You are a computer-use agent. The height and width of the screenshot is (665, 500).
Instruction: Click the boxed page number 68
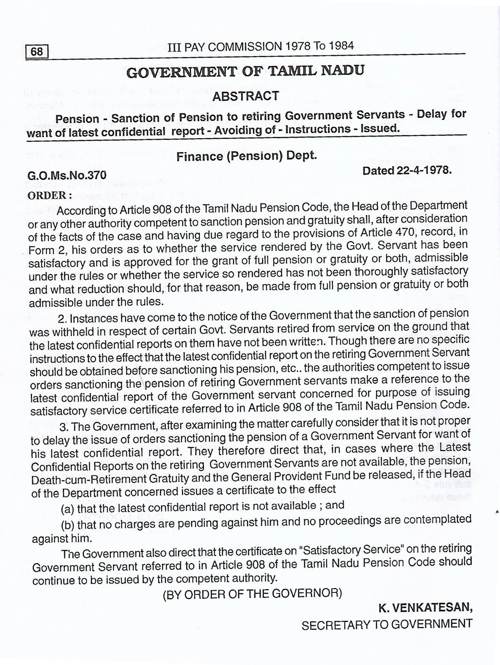[x=37, y=52]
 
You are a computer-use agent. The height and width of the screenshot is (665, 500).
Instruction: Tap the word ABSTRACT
[x=246, y=96]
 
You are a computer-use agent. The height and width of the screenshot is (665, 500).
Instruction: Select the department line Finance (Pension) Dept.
[x=247, y=156]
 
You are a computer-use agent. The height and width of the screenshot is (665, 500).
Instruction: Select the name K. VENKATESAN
[x=425, y=608]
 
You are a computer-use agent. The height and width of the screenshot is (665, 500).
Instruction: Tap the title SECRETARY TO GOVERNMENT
[x=387, y=625]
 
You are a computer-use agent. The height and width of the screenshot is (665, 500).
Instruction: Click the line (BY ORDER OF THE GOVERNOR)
[x=252, y=593]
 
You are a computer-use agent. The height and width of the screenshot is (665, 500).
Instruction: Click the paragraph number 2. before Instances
[x=63, y=319]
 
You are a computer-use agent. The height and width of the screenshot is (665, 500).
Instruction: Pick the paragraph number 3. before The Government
[x=64, y=427]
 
